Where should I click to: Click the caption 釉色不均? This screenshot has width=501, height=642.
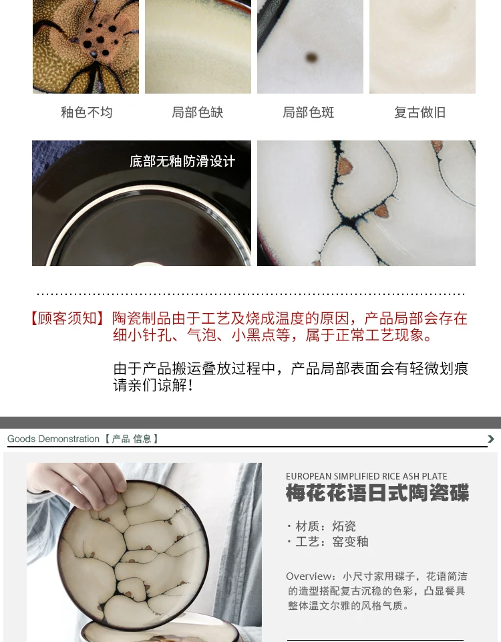pyautogui.click(x=87, y=112)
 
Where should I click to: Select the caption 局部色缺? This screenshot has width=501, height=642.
pyautogui.click(x=198, y=112)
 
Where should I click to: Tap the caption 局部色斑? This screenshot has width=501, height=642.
pyautogui.click(x=309, y=112)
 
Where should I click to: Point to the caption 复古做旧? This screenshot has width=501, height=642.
pyautogui.click(x=420, y=112)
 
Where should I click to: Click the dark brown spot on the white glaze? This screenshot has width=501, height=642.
pyautogui.click(x=312, y=58)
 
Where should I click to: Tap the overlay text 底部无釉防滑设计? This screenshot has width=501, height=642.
pyautogui.click(x=182, y=161)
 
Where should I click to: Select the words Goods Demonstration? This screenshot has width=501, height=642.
pyautogui.click(x=53, y=439)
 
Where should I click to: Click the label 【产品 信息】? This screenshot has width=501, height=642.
pyautogui.click(x=132, y=439)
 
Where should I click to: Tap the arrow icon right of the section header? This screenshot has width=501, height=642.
pyautogui.click(x=491, y=439)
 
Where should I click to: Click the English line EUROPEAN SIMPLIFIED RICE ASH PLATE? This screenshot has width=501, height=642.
pyautogui.click(x=367, y=476)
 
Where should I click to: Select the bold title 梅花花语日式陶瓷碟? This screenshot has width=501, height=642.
pyautogui.click(x=377, y=493)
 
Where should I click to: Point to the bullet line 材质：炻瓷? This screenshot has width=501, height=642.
pyautogui.click(x=321, y=526)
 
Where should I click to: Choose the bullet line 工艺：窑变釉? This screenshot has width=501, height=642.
pyautogui.click(x=327, y=542)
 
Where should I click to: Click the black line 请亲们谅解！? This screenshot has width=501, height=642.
pyautogui.click(x=154, y=385)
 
